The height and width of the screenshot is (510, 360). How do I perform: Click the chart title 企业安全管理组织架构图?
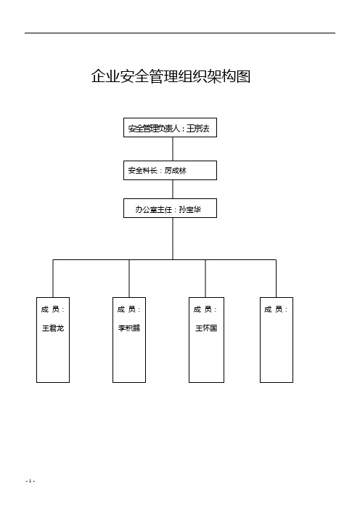tap(171, 76)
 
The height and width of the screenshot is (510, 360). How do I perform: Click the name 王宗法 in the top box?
tap(198, 129)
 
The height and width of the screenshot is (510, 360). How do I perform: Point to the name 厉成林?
tap(176, 171)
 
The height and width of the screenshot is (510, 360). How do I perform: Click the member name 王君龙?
tap(53, 328)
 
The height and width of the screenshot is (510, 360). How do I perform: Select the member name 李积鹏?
tap(129, 328)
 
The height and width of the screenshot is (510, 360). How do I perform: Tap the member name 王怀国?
tap(206, 328)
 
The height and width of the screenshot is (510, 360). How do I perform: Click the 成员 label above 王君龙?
tap(53, 309)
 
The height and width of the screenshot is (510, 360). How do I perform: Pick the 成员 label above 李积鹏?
tap(129, 309)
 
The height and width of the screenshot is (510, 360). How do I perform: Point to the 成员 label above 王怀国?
tap(206, 309)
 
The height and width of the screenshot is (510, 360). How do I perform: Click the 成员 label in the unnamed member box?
tap(277, 309)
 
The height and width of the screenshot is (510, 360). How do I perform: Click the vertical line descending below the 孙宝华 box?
tap(172, 238)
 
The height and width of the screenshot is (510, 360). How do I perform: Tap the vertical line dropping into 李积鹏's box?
tap(129, 278)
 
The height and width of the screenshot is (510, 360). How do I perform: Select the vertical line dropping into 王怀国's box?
tap(205, 278)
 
